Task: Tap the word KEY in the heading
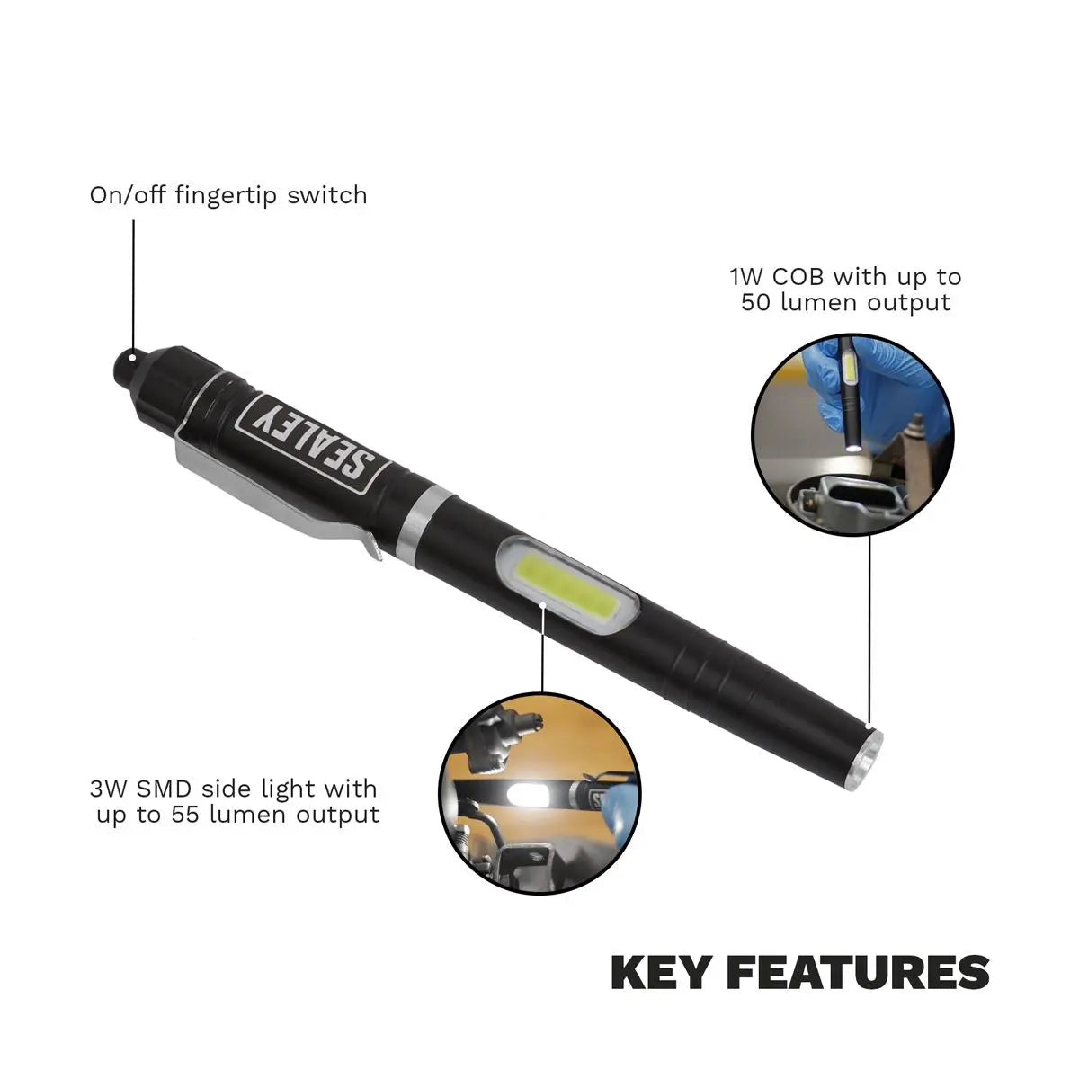click(661, 974)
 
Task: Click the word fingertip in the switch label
click(225, 197)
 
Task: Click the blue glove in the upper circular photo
click(873, 387)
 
